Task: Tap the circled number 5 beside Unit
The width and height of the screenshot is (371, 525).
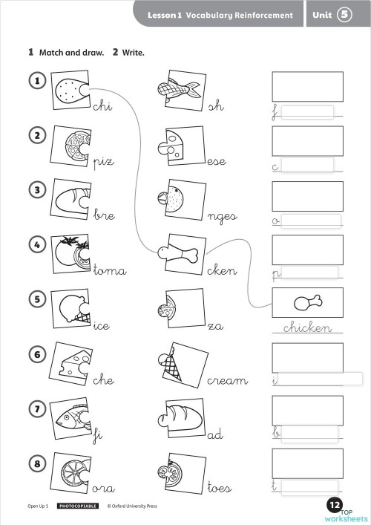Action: click(x=344, y=15)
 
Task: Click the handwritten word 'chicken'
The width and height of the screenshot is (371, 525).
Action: click(x=307, y=327)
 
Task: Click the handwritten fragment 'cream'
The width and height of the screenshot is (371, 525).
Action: click(x=227, y=380)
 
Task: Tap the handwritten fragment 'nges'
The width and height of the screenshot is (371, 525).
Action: click(x=223, y=216)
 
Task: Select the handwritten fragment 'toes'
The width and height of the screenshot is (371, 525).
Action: click(x=220, y=488)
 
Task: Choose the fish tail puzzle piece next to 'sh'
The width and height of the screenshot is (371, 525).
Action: click(x=178, y=90)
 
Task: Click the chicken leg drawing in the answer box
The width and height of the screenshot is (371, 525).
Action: click(x=307, y=302)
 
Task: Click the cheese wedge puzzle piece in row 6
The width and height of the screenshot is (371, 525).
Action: click(x=71, y=363)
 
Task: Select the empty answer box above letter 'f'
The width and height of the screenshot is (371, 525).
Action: click(x=307, y=87)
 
